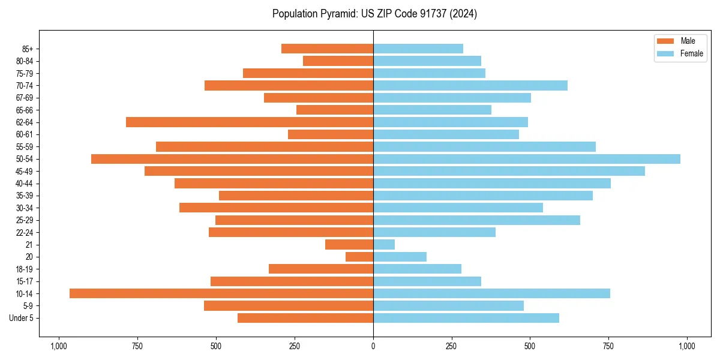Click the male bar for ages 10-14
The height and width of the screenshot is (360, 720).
point(221,293)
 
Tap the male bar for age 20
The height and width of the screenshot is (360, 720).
point(359,257)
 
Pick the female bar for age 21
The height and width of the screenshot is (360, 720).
point(384,245)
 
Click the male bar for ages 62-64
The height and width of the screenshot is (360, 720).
point(250,122)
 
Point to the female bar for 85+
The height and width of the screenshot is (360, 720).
point(418,49)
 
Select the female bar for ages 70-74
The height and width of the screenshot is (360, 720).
point(470,85)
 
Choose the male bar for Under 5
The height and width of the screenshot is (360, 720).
point(305,318)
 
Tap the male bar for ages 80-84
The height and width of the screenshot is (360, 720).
point(338,61)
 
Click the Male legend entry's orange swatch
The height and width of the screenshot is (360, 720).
point(665,41)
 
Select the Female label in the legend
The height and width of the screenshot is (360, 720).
point(691,53)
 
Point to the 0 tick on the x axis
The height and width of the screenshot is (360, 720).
point(373,346)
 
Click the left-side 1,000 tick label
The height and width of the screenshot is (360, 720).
point(59,346)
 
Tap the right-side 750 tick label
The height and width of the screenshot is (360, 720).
point(608,346)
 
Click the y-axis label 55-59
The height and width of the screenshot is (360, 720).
point(25,147)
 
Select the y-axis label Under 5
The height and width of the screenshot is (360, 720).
point(22,318)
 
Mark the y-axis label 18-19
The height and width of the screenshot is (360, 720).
point(25,269)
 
